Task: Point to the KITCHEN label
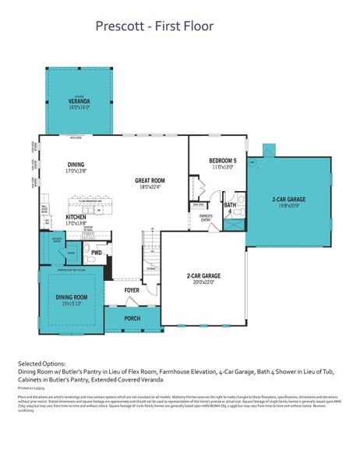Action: coord(76,216)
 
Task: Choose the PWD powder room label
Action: coord(96,253)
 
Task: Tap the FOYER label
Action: coord(132,291)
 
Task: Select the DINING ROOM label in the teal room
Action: coord(71,297)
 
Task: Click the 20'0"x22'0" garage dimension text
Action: coord(203,282)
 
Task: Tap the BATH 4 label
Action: coord(230,205)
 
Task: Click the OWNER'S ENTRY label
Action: coord(206,218)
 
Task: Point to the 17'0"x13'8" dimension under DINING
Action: coord(76,171)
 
